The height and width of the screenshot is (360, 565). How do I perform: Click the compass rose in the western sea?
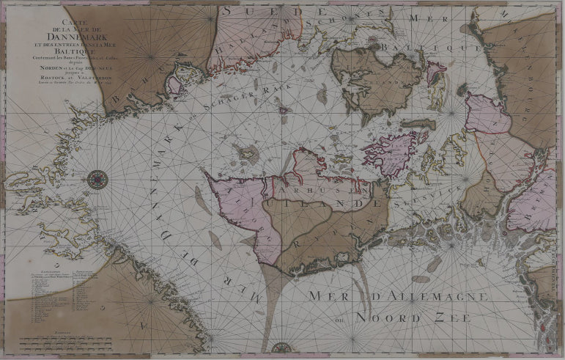[x=97, y=178]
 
